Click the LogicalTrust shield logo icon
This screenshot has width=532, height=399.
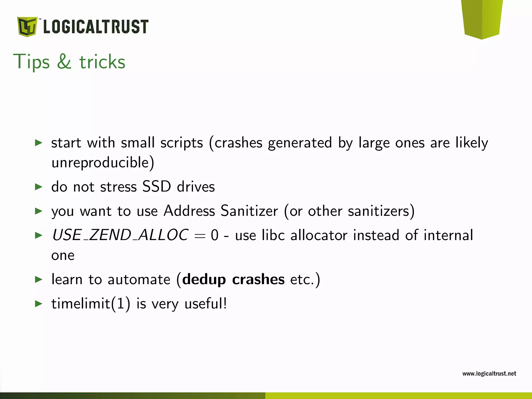pyautogui.click(x=27, y=26)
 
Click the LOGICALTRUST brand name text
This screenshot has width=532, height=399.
pyautogui.click(x=96, y=27)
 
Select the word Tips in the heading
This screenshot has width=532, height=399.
pyautogui.click(x=31, y=62)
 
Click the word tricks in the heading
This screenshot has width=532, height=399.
pyautogui.click(x=102, y=62)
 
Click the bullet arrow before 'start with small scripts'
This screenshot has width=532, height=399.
pyautogui.click(x=38, y=142)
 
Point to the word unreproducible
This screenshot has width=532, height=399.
pyautogui.click(x=103, y=163)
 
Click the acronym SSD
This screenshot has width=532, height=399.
pyautogui.click(x=157, y=186)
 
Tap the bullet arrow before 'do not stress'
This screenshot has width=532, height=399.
pyautogui.click(x=38, y=187)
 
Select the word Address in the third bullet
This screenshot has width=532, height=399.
pyautogui.click(x=189, y=210)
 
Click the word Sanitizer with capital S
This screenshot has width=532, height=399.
pyautogui.click(x=249, y=210)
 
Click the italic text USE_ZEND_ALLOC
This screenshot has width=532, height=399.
pyautogui.click(x=120, y=235)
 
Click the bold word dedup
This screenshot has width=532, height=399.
pyautogui.click(x=204, y=280)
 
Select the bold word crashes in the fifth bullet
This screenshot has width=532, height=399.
pyautogui.click(x=258, y=279)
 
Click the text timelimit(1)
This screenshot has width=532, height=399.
pyautogui.click(x=91, y=303)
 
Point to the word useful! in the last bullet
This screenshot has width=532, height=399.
pyautogui.click(x=206, y=303)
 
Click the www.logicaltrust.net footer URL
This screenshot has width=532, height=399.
pyautogui.click(x=489, y=374)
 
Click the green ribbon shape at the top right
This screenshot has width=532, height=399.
pyautogui.click(x=482, y=18)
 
